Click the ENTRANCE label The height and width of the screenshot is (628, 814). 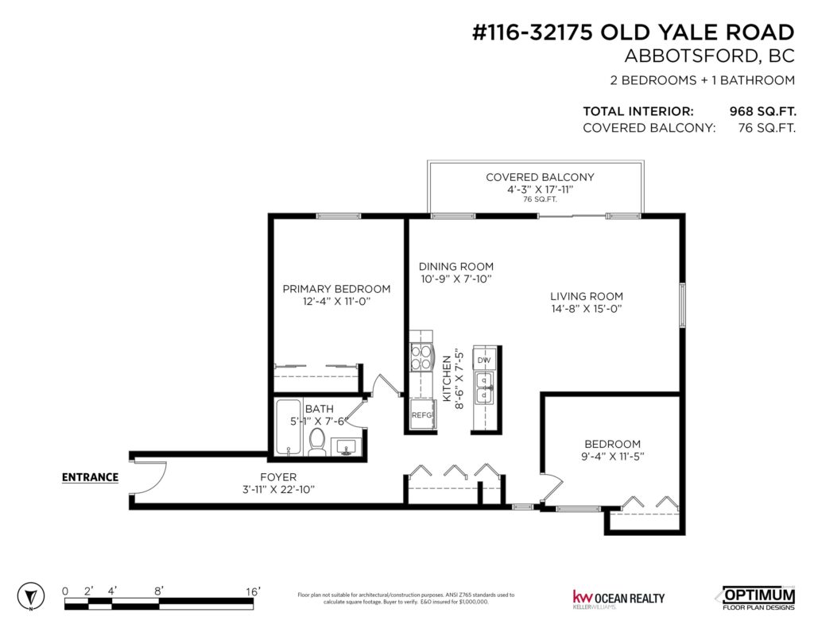point(90,477)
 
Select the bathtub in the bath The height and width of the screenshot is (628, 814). point(289,427)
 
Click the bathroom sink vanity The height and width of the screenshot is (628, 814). point(346,447)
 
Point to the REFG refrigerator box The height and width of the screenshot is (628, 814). point(421,415)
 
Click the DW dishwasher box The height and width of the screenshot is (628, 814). point(484,360)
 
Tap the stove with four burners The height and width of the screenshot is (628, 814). point(421,356)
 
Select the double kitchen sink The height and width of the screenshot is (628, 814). point(484,387)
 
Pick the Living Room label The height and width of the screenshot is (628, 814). point(587,296)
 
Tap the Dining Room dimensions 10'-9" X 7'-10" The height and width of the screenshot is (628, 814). point(455,279)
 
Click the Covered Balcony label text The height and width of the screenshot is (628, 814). point(540,177)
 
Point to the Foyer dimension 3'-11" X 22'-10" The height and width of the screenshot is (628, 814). point(279,490)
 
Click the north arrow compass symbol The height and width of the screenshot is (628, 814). point(30,596)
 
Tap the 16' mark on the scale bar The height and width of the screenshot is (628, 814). point(253,591)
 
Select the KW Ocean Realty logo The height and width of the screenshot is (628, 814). point(618,599)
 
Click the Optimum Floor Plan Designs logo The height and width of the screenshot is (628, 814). point(758,599)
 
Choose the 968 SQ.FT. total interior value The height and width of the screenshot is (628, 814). point(762,111)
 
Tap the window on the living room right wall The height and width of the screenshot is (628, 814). point(682,305)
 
